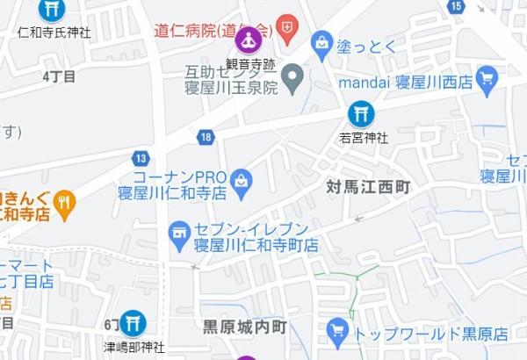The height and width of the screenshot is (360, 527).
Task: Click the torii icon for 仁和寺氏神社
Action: [52, 10]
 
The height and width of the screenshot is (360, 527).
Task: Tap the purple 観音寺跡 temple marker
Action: [249, 40]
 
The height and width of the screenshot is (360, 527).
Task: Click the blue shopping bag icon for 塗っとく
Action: [322, 44]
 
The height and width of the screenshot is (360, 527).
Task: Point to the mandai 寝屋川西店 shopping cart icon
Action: [487, 80]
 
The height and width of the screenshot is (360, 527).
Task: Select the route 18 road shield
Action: [206, 136]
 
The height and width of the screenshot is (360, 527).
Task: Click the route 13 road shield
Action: [141, 158]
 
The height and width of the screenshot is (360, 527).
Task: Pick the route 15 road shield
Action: [455, 6]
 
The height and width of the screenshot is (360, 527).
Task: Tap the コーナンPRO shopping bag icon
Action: [241, 183]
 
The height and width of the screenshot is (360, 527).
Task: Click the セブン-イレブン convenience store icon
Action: [180, 234]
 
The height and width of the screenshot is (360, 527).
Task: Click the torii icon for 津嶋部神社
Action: [133, 322]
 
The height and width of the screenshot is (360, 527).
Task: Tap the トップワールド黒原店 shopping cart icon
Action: [337, 332]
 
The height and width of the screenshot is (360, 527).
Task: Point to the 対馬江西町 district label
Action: [369, 187]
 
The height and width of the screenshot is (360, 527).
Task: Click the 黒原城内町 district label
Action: [245, 328]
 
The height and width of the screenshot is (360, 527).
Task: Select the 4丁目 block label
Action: [59, 76]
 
